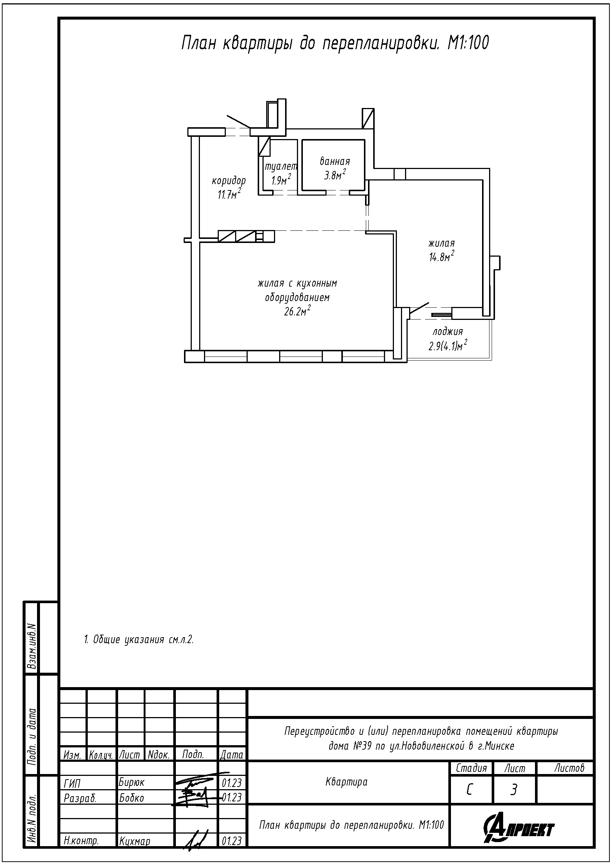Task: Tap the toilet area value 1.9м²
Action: click(281, 180)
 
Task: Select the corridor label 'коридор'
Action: click(228, 181)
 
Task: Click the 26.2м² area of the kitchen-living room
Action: click(298, 311)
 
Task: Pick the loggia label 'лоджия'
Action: click(448, 332)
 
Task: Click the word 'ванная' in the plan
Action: click(335, 162)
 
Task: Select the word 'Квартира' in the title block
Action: click(346, 782)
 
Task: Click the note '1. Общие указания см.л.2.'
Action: click(139, 639)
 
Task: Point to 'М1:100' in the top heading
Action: click(468, 44)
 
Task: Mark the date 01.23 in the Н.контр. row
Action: click(231, 841)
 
